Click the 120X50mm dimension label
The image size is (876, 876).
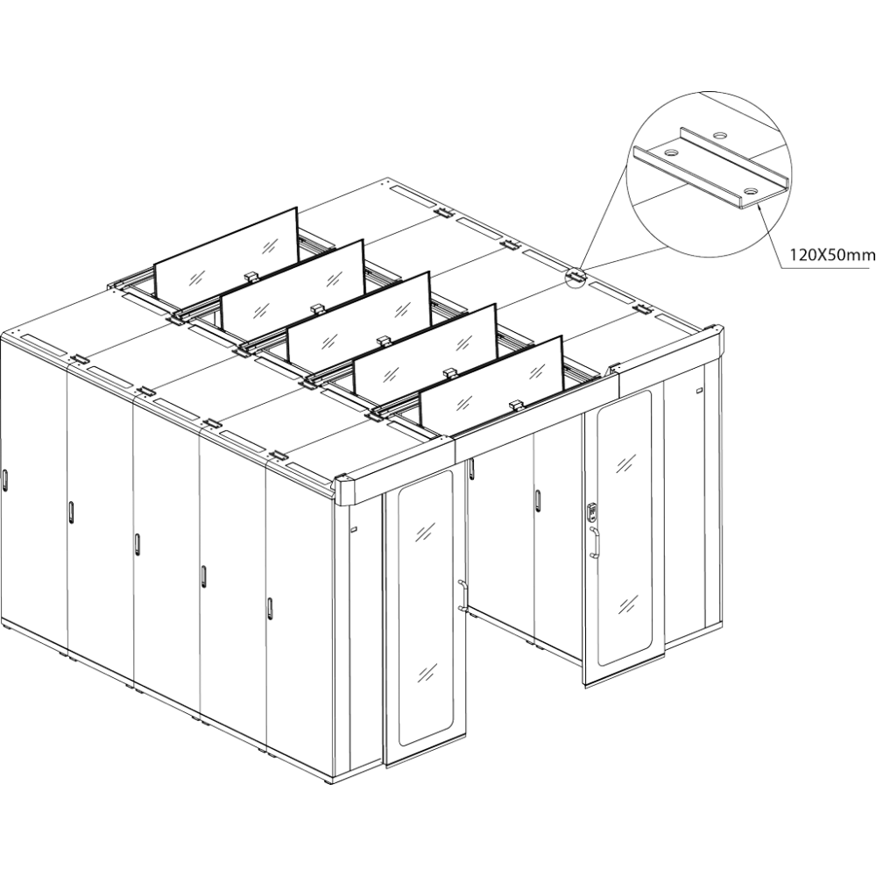click(x=831, y=255)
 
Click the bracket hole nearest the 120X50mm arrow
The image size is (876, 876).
click(x=751, y=192)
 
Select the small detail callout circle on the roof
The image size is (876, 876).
click(x=576, y=276)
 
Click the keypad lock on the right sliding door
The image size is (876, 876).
click(x=592, y=512)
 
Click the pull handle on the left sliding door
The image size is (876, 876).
click(x=462, y=595)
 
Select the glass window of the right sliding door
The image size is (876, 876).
click(x=624, y=528)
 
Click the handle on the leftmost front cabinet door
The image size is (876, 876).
click(x=4, y=480)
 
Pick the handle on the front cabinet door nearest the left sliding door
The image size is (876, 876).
click(x=270, y=609)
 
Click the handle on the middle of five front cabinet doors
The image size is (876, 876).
click(x=137, y=544)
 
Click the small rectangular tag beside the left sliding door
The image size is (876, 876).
click(x=353, y=529)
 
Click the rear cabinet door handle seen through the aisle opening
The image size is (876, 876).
click(x=538, y=500)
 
